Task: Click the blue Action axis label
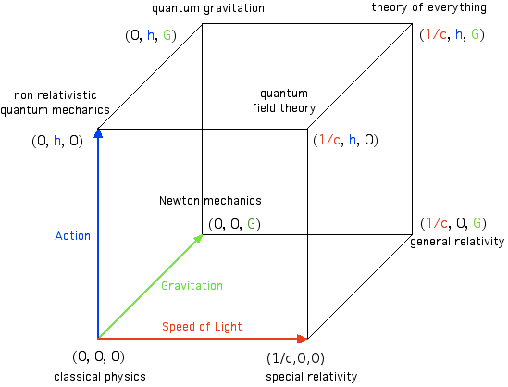(x=72, y=236)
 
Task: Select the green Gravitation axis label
(x=192, y=285)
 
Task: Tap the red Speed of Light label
(x=202, y=327)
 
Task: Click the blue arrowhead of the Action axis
(x=98, y=133)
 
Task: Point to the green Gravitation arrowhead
(x=198, y=239)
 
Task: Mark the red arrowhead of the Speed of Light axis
(x=303, y=339)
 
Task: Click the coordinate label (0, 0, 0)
(x=98, y=356)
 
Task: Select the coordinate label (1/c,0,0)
(x=295, y=358)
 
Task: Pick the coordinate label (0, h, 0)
(x=57, y=141)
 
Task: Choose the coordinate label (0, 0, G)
(x=234, y=224)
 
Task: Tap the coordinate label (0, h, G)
(x=151, y=35)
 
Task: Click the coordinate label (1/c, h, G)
(x=452, y=34)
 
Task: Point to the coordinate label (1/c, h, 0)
(x=345, y=140)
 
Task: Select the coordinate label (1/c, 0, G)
(x=453, y=223)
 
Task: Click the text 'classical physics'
(x=100, y=377)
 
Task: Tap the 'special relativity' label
(x=311, y=377)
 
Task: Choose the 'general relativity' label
(x=457, y=242)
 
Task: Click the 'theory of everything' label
(x=429, y=7)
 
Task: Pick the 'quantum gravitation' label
(x=208, y=8)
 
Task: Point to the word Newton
(x=180, y=201)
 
